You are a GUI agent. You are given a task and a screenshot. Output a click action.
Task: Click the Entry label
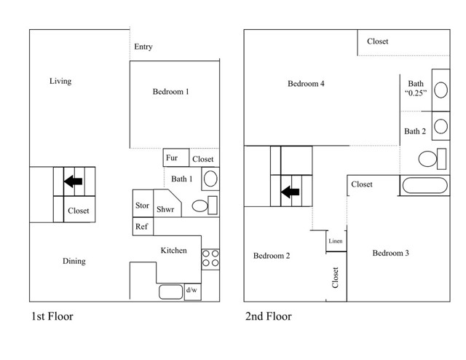[143, 47]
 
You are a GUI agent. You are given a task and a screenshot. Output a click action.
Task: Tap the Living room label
[60, 81]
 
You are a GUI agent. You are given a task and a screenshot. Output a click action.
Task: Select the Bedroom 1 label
[171, 92]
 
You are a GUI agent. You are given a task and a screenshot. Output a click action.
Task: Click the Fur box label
[172, 157]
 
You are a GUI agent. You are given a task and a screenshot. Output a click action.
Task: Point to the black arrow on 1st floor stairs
[74, 181]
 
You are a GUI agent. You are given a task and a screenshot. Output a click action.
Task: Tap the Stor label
[143, 206]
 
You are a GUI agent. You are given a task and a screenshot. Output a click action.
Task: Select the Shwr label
[165, 206]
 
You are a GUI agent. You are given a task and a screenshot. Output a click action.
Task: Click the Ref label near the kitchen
[142, 227]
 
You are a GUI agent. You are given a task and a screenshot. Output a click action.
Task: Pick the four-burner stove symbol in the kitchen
[210, 257]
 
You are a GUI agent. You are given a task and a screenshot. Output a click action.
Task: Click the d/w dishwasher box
[192, 291]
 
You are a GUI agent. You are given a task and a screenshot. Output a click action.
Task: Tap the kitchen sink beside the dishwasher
[170, 292]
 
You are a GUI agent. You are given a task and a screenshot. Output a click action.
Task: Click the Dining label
[74, 261]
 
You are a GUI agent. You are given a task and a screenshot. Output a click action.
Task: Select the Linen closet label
[336, 241]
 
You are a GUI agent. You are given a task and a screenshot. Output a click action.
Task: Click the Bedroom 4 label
[306, 84]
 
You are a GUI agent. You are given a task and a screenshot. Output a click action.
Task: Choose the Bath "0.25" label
[416, 88]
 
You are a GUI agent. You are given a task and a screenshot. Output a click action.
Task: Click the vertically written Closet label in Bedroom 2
[336, 278]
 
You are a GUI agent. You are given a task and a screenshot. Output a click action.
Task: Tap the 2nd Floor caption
[268, 317]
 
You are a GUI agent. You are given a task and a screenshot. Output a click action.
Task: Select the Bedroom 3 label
[390, 253]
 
